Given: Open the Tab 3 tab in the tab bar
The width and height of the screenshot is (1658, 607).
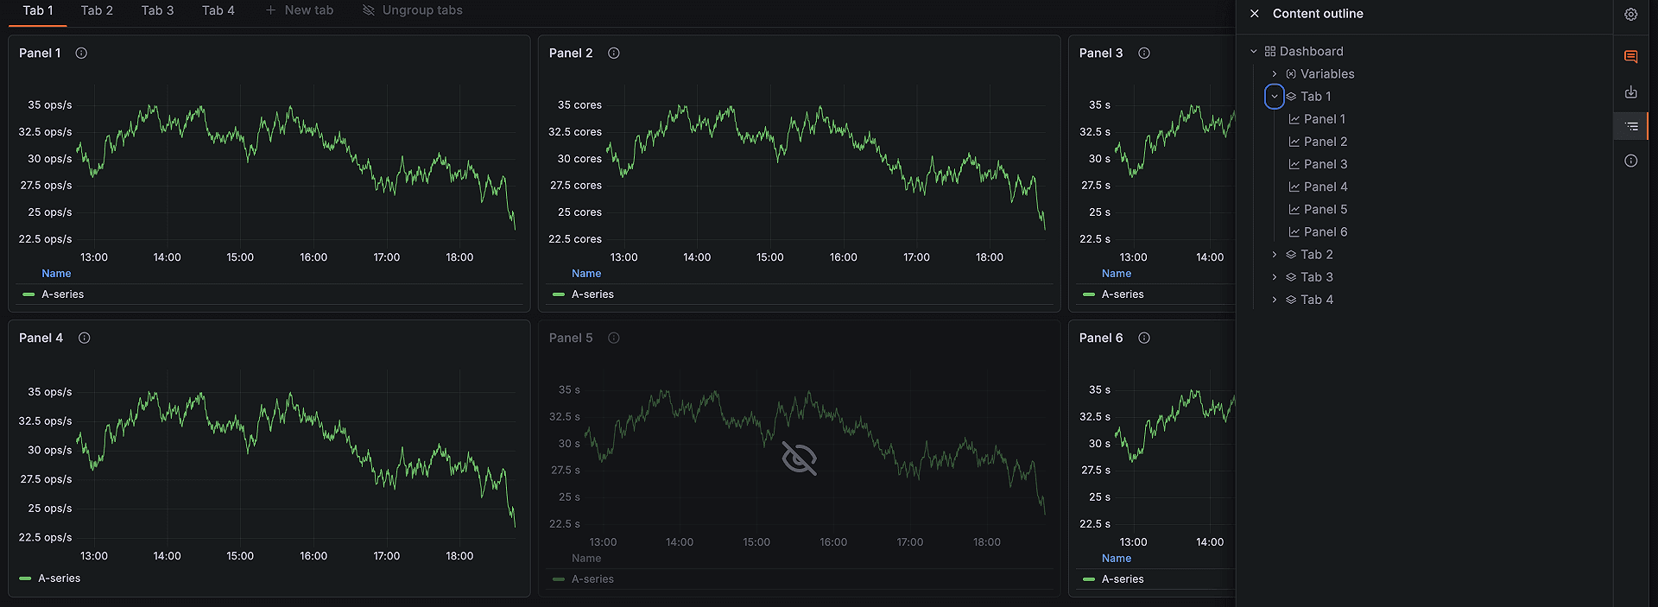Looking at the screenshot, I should [x=157, y=10].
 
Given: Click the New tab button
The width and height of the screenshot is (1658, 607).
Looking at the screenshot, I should [x=299, y=10].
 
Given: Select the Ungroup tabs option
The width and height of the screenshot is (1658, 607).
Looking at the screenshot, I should [x=413, y=10].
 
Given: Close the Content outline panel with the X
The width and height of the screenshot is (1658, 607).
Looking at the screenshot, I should [x=1255, y=14].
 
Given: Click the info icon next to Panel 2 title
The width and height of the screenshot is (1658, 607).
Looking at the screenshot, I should [x=614, y=54].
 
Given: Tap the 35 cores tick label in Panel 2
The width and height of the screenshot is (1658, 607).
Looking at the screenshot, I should [x=579, y=105].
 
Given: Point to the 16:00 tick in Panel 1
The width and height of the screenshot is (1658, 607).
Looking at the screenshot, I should [x=313, y=257].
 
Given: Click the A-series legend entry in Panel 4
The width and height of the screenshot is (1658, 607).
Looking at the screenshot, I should [x=59, y=579].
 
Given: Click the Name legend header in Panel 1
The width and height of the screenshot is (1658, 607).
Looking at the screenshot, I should [x=56, y=274].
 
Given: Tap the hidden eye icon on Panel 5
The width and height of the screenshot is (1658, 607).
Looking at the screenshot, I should [x=799, y=458].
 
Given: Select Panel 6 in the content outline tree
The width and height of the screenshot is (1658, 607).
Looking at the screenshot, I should [x=1325, y=232].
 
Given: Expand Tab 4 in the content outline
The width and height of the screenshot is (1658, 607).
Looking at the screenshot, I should [x=1275, y=300].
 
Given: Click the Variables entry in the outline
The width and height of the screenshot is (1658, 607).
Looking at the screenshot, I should [x=1326, y=74].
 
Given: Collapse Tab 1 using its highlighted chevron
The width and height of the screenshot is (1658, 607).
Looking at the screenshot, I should [x=1275, y=97].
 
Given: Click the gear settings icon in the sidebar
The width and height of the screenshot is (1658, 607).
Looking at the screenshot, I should [x=1630, y=15].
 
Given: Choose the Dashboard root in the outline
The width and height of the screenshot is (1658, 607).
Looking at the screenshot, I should [x=1311, y=52].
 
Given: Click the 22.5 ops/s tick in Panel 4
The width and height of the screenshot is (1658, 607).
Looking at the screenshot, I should [x=46, y=537].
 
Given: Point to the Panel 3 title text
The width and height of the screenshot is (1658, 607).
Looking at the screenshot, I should [x=1101, y=54].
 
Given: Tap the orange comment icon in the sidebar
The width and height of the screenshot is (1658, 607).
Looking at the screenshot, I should [x=1630, y=57].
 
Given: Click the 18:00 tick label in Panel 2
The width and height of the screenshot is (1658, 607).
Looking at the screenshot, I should [x=990, y=257].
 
